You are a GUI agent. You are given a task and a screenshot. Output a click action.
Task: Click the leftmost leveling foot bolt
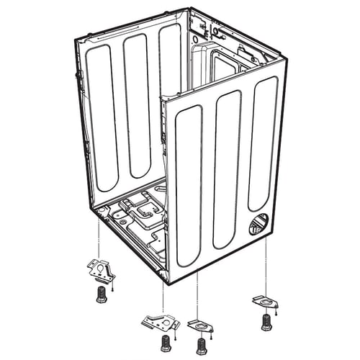coord(101,294)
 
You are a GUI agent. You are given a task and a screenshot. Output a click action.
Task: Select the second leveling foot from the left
coord(166,341)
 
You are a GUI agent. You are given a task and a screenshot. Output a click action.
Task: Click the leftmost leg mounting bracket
coord(100,271)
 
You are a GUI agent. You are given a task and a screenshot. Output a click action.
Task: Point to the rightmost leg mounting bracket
coord(266,300)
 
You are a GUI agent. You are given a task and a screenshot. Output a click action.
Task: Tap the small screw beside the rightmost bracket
coord(277,314)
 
